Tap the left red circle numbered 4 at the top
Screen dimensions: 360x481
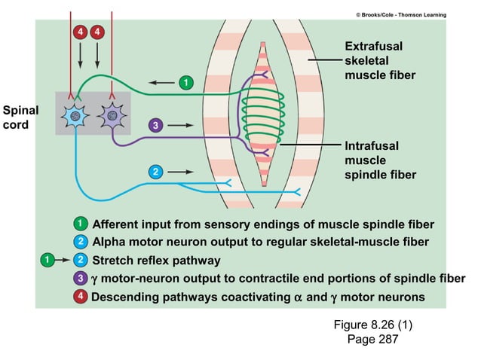click(80, 32)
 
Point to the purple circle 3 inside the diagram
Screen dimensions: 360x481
click(154, 124)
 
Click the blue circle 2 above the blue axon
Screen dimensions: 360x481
click(155, 172)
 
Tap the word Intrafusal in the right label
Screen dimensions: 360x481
click(372, 145)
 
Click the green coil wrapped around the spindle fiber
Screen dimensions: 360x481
click(263, 113)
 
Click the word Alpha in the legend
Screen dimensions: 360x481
click(109, 242)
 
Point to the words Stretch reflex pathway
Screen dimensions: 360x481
click(155, 261)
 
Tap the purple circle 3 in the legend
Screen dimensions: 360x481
click(80, 279)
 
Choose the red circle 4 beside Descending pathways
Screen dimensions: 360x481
click(80, 297)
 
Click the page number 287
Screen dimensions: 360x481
click(384, 340)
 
